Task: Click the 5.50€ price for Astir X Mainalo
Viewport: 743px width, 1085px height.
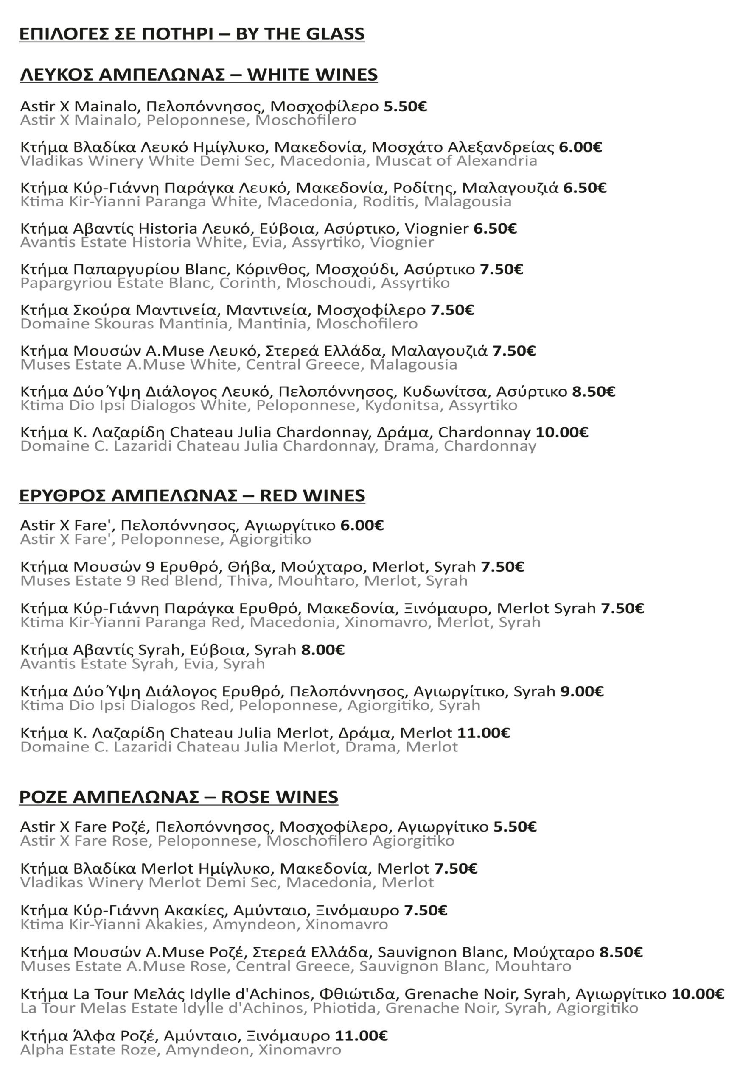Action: (405, 106)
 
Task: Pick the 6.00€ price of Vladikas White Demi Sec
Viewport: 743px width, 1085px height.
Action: (580, 147)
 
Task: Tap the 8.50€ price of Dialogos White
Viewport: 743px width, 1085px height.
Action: (594, 391)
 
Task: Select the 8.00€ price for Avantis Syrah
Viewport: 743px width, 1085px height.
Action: (323, 649)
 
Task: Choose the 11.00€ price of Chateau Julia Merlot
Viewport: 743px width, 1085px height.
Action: (483, 732)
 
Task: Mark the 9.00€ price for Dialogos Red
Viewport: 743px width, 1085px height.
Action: (582, 691)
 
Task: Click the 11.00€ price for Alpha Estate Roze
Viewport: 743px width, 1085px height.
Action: (361, 1036)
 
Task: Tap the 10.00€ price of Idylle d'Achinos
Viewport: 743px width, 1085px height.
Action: (698, 994)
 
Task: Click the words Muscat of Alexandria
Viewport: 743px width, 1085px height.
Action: (456, 161)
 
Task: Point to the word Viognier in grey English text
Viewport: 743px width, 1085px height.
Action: (402, 242)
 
